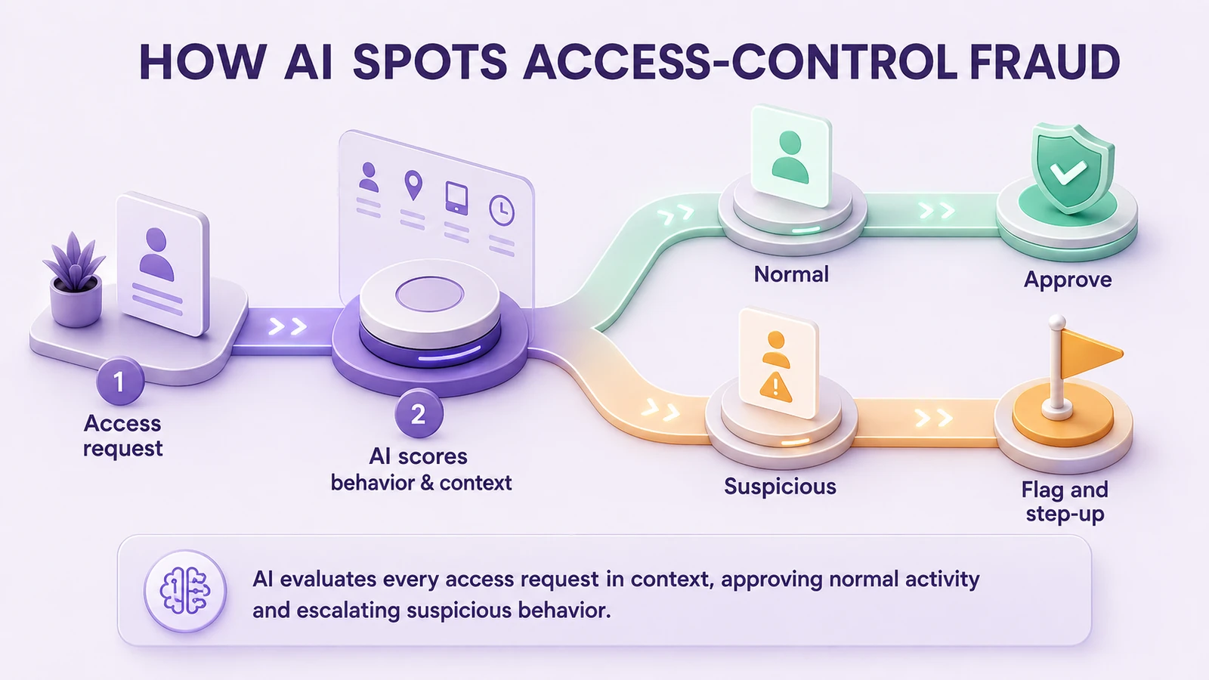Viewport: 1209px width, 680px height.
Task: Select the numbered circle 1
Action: click(x=120, y=382)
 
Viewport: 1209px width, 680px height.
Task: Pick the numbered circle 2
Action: click(x=419, y=414)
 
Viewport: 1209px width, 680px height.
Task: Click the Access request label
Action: click(x=122, y=435)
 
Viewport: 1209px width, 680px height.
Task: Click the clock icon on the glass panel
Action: click(x=502, y=210)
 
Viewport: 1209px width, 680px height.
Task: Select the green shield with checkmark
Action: click(x=1072, y=168)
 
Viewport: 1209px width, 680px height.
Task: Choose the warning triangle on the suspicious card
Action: click(x=775, y=387)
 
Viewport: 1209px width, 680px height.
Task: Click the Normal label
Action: click(x=791, y=274)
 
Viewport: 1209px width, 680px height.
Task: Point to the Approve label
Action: click(x=1068, y=280)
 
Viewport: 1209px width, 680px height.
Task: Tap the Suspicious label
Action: click(x=780, y=487)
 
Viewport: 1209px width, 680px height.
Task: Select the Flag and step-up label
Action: click(x=1065, y=502)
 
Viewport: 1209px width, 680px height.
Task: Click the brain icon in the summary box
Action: click(x=185, y=591)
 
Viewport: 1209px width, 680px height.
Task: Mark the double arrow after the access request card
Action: click(x=288, y=326)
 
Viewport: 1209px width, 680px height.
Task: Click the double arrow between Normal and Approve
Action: click(x=937, y=211)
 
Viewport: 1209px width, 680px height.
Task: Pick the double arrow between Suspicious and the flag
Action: click(x=933, y=418)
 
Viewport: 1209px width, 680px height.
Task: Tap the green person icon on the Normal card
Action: click(x=790, y=158)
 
